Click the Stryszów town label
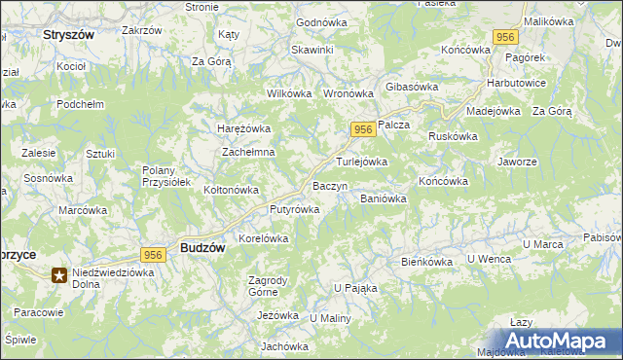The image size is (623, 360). pyautogui.click(x=68, y=34)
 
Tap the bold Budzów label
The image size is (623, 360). pyautogui.click(x=202, y=248)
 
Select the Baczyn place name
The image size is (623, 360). pyautogui.click(x=329, y=185)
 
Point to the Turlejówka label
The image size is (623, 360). pyautogui.click(x=362, y=162)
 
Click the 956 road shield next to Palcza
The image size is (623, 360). pyautogui.click(x=362, y=130)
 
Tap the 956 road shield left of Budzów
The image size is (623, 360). pyautogui.click(x=152, y=254)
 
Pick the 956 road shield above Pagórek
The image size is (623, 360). pyautogui.click(x=504, y=37)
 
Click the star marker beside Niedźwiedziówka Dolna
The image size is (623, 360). pyautogui.click(x=60, y=276)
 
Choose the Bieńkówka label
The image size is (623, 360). pyautogui.click(x=428, y=262)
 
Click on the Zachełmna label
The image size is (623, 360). pyautogui.click(x=249, y=153)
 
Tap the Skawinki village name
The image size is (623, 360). pyautogui.click(x=311, y=49)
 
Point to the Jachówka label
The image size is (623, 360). pyautogui.click(x=284, y=346)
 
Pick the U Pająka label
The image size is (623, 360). pyautogui.click(x=355, y=288)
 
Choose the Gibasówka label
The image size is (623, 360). pyautogui.click(x=413, y=87)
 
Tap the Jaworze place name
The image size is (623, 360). pyautogui.click(x=517, y=162)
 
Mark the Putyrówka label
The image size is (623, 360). pyautogui.click(x=268, y=209)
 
